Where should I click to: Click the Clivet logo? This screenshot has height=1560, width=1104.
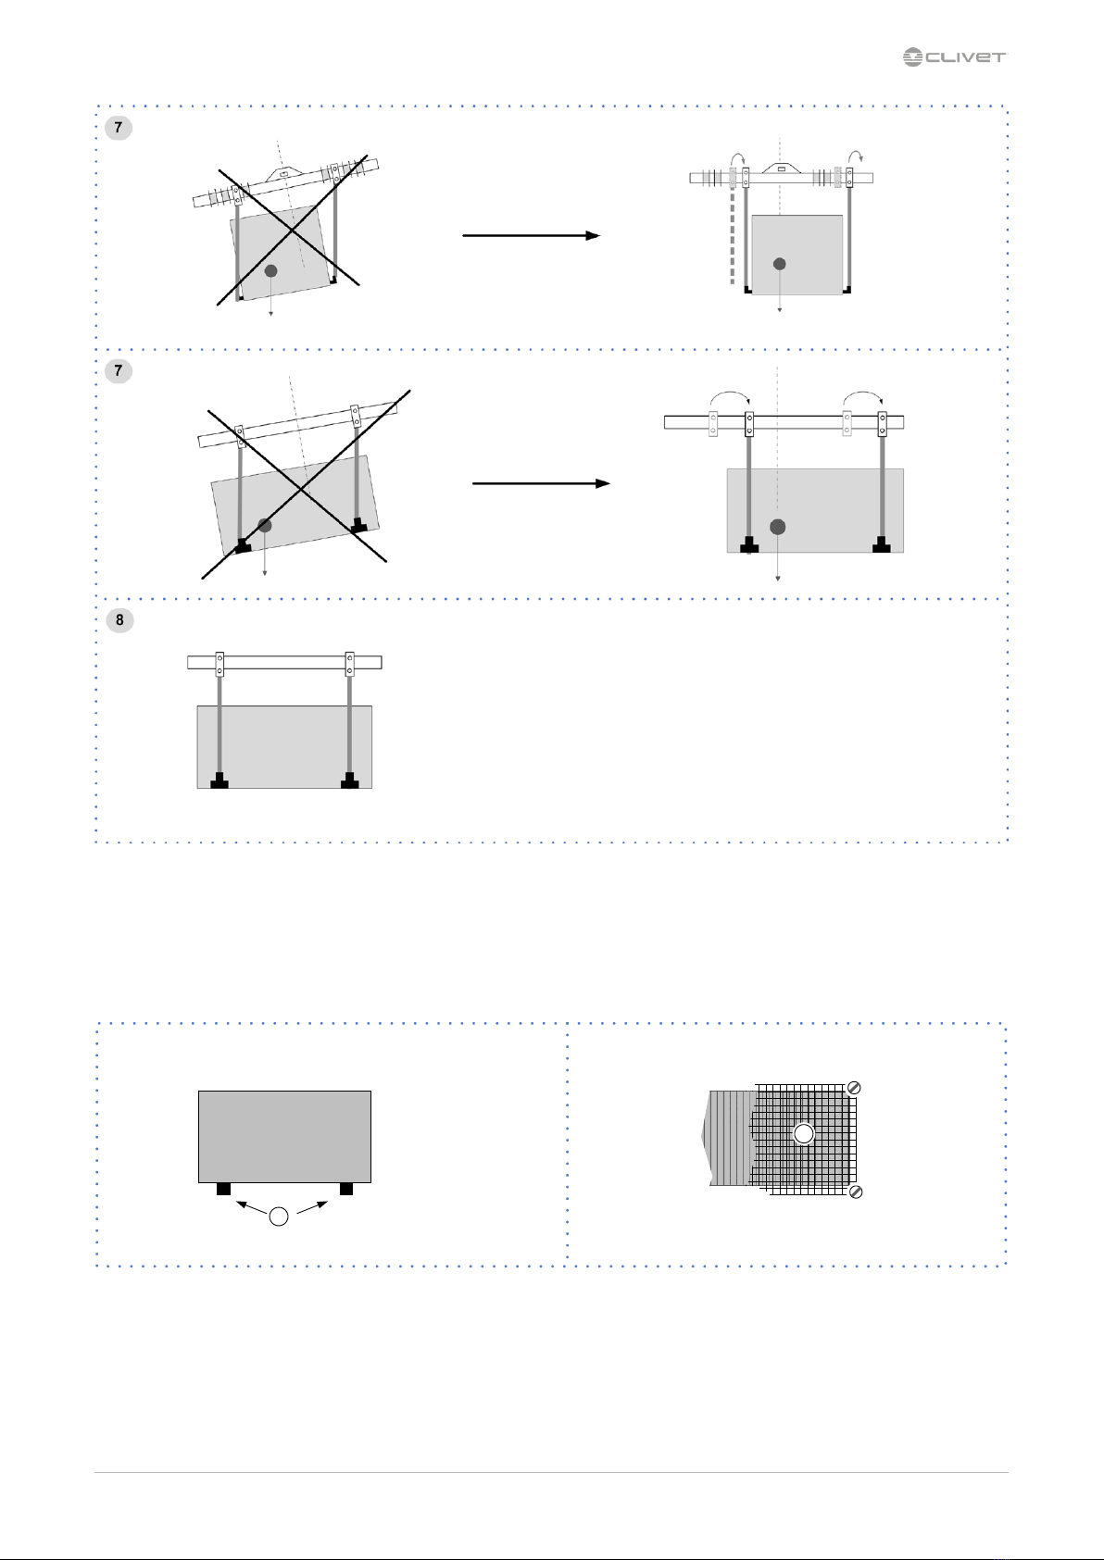[954, 57]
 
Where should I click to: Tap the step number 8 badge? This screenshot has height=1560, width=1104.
[119, 619]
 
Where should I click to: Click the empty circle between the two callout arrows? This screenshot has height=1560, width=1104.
[279, 1216]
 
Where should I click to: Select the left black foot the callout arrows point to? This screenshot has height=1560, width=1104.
[223, 1188]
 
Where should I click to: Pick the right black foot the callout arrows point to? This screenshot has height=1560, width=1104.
[346, 1188]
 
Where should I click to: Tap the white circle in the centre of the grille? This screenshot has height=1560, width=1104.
[804, 1134]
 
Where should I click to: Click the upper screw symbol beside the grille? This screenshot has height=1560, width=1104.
[854, 1088]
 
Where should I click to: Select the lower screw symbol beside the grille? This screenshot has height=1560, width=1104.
[856, 1192]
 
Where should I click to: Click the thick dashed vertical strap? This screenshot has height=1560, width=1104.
[732, 237]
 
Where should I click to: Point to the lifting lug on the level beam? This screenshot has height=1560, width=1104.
[780, 168]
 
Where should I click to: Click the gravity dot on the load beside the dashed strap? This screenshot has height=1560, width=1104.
[780, 264]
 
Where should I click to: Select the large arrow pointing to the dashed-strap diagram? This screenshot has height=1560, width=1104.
[532, 235]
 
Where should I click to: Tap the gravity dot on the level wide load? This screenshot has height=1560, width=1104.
[777, 527]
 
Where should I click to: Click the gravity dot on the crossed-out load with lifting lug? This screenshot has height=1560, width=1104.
[271, 271]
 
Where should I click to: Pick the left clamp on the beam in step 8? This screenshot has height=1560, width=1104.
[220, 664]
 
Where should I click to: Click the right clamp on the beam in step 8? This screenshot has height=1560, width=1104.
[350, 664]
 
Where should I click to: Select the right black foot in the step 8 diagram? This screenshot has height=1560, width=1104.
[350, 780]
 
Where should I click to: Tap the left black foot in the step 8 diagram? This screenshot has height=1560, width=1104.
[220, 780]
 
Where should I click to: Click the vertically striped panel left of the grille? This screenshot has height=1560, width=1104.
[729, 1138]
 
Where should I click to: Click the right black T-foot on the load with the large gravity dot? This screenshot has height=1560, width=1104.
[881, 543]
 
